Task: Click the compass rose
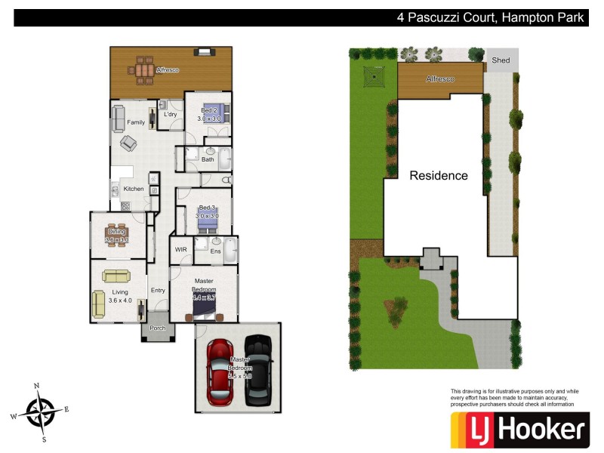click(x=39, y=411)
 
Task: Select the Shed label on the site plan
click(x=501, y=60)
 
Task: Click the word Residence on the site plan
click(x=439, y=176)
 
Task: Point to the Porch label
click(x=157, y=328)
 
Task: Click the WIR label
click(x=180, y=249)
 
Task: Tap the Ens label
click(x=215, y=251)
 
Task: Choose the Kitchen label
click(x=134, y=189)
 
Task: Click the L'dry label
click(x=171, y=115)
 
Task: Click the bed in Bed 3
click(x=208, y=220)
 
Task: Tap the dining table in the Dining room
click(x=116, y=235)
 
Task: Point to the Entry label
click(x=158, y=290)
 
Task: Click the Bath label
click(x=208, y=159)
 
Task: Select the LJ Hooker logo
click(x=519, y=430)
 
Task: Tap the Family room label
click(x=136, y=122)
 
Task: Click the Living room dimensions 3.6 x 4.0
click(x=120, y=300)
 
